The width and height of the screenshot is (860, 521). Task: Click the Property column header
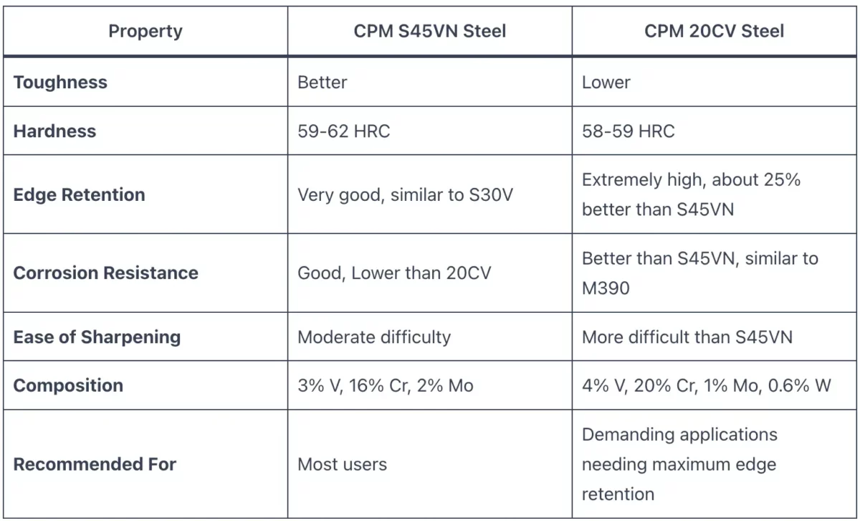pyautogui.click(x=145, y=32)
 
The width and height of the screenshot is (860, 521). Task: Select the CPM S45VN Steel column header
pyautogui.click(x=430, y=32)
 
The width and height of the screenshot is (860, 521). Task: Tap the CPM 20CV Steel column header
pyautogui.click(x=714, y=32)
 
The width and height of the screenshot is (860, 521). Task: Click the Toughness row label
pyautogui.click(x=60, y=83)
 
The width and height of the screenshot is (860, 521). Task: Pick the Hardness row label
pyautogui.click(x=54, y=131)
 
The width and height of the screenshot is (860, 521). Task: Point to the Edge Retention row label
pyautogui.click(x=79, y=194)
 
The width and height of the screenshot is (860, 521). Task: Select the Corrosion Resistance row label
pyautogui.click(x=105, y=273)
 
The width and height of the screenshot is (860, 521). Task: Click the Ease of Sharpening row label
pyautogui.click(x=97, y=337)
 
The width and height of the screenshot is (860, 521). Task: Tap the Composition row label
pyautogui.click(x=68, y=385)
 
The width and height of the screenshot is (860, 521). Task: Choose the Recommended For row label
pyautogui.click(x=95, y=464)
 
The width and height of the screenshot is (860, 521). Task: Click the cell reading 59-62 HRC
pyautogui.click(x=344, y=131)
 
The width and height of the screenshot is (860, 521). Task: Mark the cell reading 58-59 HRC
pyautogui.click(x=628, y=131)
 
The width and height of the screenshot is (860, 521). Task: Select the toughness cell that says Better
pyautogui.click(x=322, y=83)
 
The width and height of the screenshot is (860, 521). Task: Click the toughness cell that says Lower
pyautogui.click(x=606, y=83)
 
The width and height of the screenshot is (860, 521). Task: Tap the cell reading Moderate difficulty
pyautogui.click(x=374, y=337)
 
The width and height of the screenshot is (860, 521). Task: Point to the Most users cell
pyautogui.click(x=342, y=464)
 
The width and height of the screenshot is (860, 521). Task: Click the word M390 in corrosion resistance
pyautogui.click(x=606, y=287)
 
